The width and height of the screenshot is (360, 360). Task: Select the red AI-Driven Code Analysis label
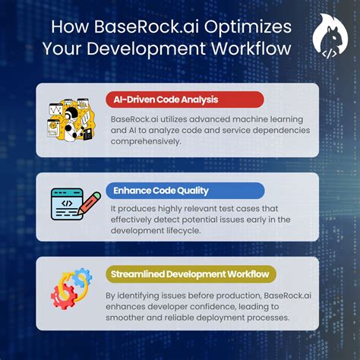[x=184, y=99]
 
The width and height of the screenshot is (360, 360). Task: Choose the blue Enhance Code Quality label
[x=185, y=190]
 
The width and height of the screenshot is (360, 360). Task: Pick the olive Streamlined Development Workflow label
[x=191, y=274]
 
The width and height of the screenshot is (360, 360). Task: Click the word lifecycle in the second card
[x=203, y=232]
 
